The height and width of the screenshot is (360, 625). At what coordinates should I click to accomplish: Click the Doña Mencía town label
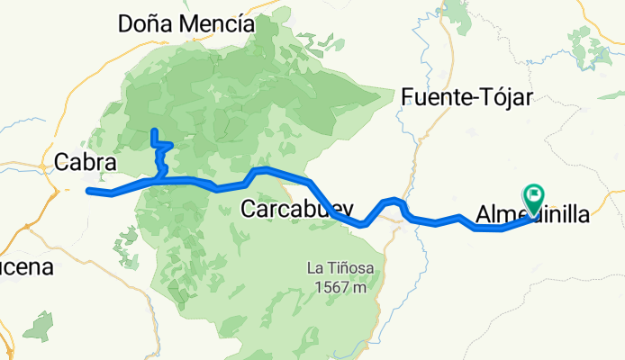point(186,25)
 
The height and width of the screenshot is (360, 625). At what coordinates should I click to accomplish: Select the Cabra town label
point(86,162)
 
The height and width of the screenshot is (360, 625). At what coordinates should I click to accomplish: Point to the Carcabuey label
point(297,210)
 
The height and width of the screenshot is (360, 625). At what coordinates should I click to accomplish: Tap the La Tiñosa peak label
point(338,267)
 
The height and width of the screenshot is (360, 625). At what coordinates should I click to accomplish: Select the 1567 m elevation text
point(338,288)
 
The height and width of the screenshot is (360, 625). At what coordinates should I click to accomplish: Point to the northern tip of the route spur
point(154,131)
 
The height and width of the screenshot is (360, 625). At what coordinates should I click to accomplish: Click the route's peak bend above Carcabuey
point(259,169)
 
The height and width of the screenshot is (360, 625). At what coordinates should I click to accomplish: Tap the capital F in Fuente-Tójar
point(409,96)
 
